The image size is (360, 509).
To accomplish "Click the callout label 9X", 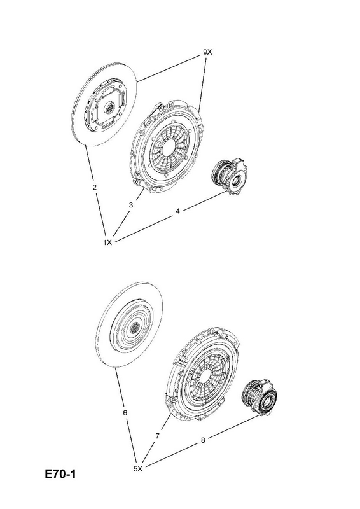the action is pyautogui.click(x=207, y=52).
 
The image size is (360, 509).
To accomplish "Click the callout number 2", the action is pyautogui.click(x=95, y=187).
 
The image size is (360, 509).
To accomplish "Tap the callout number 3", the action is pyautogui.click(x=131, y=205).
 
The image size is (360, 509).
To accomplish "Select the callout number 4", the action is pyautogui.click(x=177, y=211).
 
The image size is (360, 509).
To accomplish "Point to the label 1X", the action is pyautogui.click(x=107, y=242).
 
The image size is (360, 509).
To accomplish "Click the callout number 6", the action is pyautogui.click(x=125, y=413).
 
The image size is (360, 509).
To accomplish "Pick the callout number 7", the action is pyautogui.click(x=158, y=436).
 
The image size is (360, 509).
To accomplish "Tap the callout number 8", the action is pyautogui.click(x=203, y=440).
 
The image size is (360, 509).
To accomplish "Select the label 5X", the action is pyautogui.click(x=138, y=468).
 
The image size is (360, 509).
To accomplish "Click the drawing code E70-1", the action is pyautogui.click(x=60, y=474).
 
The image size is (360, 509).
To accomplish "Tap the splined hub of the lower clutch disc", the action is pyautogui.click(x=134, y=328).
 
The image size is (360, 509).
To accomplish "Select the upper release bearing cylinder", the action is pyautogui.click(x=230, y=176).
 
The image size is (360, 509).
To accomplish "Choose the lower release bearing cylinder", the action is pyautogui.click(x=260, y=398).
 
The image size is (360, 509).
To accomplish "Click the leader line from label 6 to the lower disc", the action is pyautogui.click(x=120, y=389).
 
